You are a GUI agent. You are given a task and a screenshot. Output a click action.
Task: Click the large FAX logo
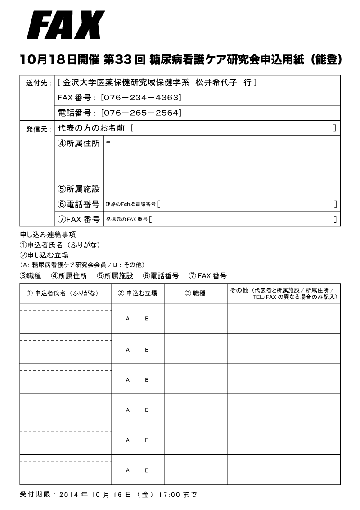tap(66, 26)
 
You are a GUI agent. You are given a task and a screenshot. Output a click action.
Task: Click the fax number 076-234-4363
tap(141, 97)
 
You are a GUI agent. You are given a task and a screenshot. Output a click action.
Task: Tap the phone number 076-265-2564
tap(141, 113)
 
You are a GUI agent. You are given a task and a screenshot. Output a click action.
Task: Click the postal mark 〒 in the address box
tap(108, 143)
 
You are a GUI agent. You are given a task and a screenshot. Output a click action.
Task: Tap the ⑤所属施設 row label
tap(79, 189)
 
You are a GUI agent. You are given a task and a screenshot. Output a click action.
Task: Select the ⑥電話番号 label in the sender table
tap(79, 204)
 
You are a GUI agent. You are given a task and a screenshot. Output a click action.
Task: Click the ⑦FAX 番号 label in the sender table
tap(79, 219)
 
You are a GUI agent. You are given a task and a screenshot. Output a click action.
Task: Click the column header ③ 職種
tap(195, 293)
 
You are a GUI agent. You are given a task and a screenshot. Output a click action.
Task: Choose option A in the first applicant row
tap(128, 319)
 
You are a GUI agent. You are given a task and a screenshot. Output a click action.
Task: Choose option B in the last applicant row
tap(147, 470)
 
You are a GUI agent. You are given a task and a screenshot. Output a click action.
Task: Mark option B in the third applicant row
tap(147, 379)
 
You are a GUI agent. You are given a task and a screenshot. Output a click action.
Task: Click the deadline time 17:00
tap(171, 494)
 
